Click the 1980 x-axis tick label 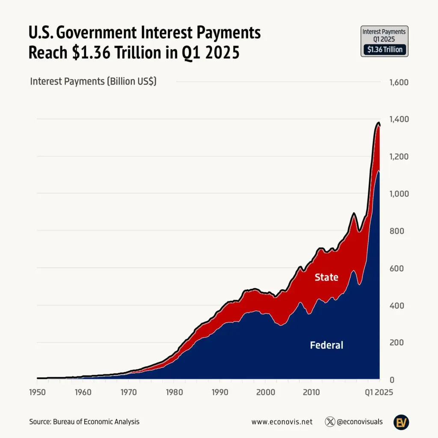point(174,392)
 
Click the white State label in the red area point(326,277)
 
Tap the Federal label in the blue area point(326,345)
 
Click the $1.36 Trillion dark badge point(384,50)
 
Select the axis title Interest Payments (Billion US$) point(93,81)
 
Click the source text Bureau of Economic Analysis point(96,422)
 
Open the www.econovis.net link point(282,422)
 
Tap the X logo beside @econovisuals point(330,422)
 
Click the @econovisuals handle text point(360,422)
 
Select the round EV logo point(401,422)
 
